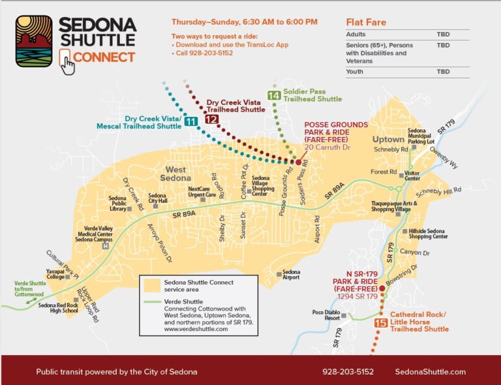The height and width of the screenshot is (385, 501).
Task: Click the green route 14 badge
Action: (x=274, y=95)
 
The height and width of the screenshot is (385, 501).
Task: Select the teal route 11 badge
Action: (x=190, y=121)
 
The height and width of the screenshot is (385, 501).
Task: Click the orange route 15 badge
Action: (x=381, y=322)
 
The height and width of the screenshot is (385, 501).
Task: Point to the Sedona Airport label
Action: (x=291, y=275)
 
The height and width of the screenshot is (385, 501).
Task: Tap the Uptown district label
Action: (x=388, y=139)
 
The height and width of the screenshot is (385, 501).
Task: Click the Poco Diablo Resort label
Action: (x=326, y=315)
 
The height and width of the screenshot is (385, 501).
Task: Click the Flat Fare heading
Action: (x=366, y=22)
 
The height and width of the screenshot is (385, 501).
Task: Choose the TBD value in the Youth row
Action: (x=443, y=72)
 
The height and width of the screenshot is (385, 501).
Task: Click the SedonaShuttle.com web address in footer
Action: (x=431, y=371)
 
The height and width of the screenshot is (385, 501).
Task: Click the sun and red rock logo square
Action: (x=34, y=41)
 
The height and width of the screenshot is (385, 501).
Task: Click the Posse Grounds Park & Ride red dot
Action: (x=297, y=161)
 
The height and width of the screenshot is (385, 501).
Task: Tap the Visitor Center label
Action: (x=412, y=176)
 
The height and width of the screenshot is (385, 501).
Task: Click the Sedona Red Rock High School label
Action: (x=57, y=308)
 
